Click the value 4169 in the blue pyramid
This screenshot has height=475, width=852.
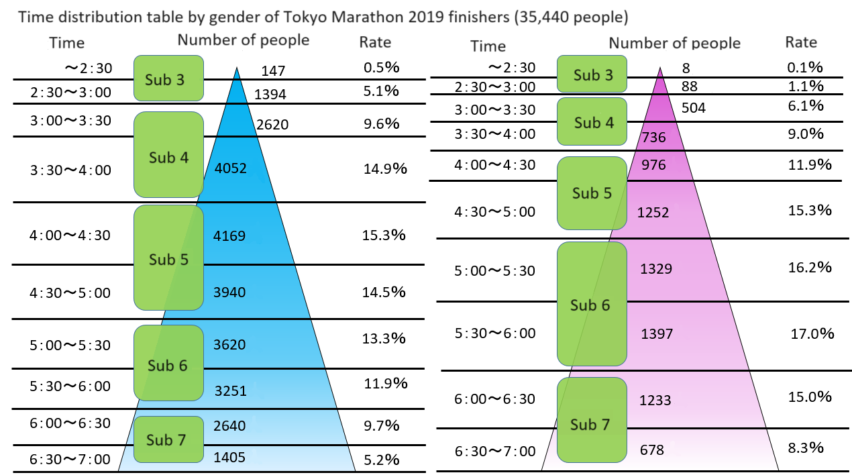pos(229,236)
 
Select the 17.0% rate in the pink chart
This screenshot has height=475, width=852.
pos(812,333)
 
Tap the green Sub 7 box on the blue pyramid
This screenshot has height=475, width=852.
pos(168,439)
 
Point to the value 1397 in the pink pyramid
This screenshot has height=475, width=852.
pos(657,333)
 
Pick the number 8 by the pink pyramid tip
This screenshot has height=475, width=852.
pos(685,68)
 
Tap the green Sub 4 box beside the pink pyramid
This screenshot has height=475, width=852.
pos(593,123)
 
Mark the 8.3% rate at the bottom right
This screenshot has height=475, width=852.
pos(806,447)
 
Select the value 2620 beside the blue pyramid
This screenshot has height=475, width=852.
pos(272,124)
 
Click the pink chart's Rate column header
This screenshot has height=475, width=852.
pos(801,42)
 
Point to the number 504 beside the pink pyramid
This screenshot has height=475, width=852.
pos(693,108)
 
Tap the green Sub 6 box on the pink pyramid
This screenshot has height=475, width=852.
pos(591,305)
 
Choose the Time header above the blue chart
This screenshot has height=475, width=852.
pos(67,43)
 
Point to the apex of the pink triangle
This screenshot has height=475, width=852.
pos(661,68)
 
